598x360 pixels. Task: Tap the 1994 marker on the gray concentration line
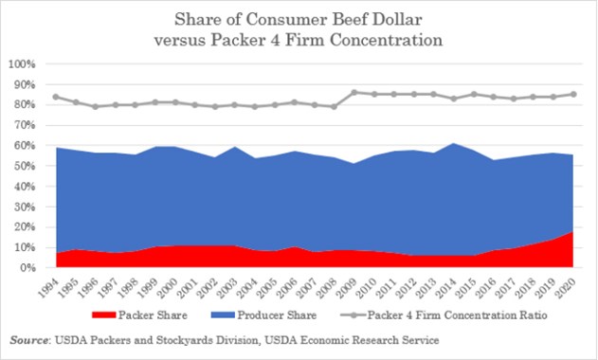coord(56,97)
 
